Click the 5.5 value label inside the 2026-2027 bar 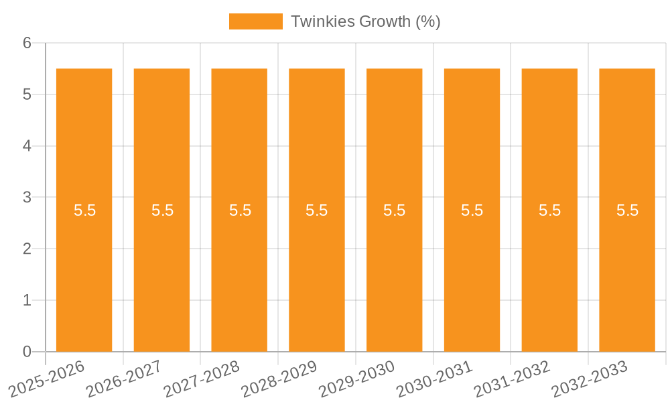[162, 210]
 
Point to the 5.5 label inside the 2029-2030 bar [395, 210]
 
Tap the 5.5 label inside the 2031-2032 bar [549, 210]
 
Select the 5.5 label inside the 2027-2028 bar [240, 210]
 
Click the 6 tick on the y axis [27, 43]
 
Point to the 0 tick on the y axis [27, 352]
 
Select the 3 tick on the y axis [27, 198]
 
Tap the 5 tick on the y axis [27, 94]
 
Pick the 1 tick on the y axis [27, 300]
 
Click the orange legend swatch [255, 21]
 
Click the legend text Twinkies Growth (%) [365, 21]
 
